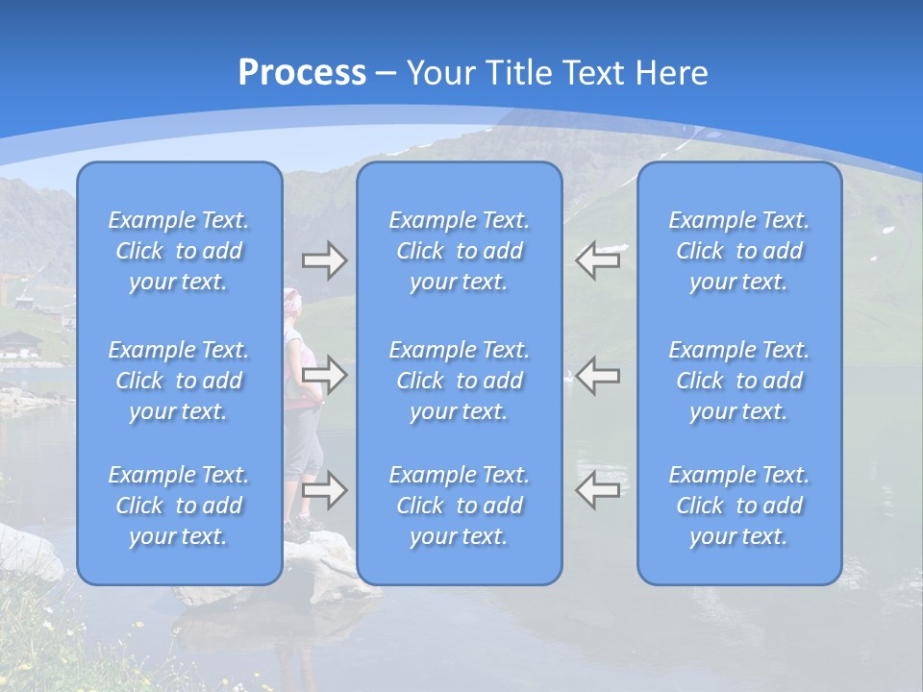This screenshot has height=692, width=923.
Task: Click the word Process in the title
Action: pyautogui.click(x=302, y=73)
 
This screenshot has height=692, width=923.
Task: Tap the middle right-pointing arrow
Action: pyautogui.click(x=324, y=375)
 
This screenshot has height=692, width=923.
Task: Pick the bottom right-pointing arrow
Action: pyautogui.click(x=324, y=490)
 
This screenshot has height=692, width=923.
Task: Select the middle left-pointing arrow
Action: pyautogui.click(x=598, y=375)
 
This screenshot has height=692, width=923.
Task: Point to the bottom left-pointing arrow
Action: pyautogui.click(x=598, y=490)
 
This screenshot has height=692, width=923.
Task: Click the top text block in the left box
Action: pyautogui.click(x=179, y=251)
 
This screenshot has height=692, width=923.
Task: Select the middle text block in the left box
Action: pyautogui.click(x=179, y=381)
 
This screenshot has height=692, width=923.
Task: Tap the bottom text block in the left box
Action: pyautogui.click(x=179, y=506)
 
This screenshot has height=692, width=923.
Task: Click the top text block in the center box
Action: pyautogui.click(x=460, y=251)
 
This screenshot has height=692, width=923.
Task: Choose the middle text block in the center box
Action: pyautogui.click(x=460, y=381)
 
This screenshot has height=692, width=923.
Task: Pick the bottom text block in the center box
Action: pyautogui.click(x=460, y=506)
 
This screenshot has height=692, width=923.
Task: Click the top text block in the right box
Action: pyautogui.click(x=739, y=251)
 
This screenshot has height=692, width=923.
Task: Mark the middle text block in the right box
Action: pyautogui.click(x=739, y=381)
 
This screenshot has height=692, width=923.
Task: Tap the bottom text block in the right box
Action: pyautogui.click(x=739, y=506)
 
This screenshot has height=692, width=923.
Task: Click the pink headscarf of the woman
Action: pyautogui.click(x=292, y=301)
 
